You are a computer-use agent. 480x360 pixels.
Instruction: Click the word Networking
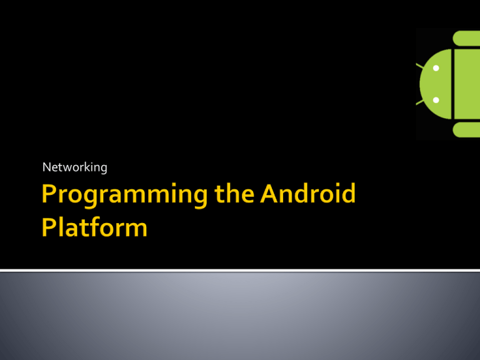tap(74, 167)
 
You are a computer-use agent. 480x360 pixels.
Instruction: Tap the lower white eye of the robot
tap(436, 100)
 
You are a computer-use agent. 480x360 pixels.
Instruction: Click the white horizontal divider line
tap(240, 271)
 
